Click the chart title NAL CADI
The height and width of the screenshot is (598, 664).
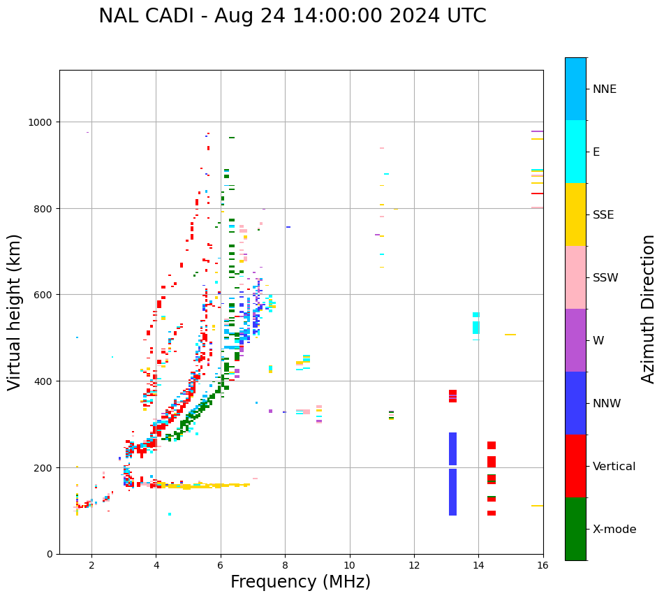point(292,16)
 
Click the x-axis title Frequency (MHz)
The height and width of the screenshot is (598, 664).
point(300,582)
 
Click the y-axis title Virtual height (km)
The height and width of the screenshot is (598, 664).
point(15,312)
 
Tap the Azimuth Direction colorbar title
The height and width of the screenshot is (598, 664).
point(649,309)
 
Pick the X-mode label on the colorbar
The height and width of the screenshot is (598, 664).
point(614,530)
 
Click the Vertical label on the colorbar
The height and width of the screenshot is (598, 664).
point(614,467)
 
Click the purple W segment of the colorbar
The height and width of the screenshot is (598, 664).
point(575,340)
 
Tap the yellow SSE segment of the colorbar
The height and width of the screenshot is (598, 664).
point(575,214)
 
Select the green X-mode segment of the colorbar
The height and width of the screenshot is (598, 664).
point(575,529)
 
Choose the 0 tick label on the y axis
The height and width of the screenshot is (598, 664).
point(50,554)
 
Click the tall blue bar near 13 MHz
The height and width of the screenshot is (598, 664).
point(452,475)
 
